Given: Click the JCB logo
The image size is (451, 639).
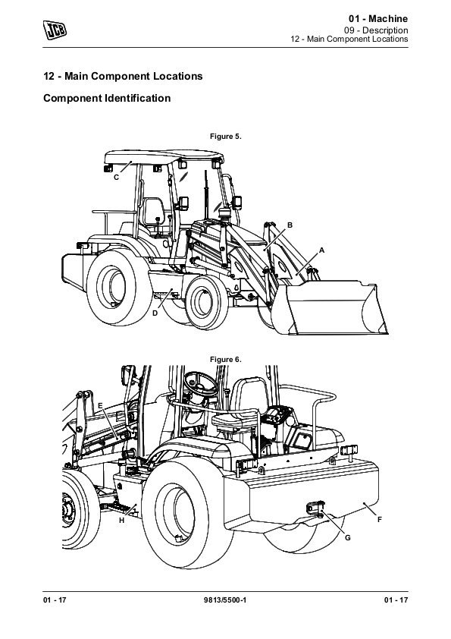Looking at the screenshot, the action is pyautogui.click(x=55, y=30).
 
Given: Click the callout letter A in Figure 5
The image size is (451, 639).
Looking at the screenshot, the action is pyautogui.click(x=321, y=250).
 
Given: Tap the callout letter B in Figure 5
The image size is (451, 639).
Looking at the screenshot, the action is pyautogui.click(x=290, y=225).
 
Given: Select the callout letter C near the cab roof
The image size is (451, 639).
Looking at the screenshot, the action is pyautogui.click(x=116, y=178).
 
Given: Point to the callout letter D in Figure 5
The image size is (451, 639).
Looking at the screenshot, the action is pyautogui.click(x=155, y=313).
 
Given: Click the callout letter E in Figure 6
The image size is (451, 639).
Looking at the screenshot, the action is pyautogui.click(x=101, y=406).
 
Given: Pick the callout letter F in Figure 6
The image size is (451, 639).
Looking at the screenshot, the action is pyautogui.click(x=379, y=519).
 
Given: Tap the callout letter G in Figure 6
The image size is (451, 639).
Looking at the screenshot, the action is pyautogui.click(x=348, y=537).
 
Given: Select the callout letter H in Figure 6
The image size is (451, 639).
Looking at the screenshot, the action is pyautogui.click(x=121, y=521).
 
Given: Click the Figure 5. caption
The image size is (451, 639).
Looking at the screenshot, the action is pyautogui.click(x=226, y=137).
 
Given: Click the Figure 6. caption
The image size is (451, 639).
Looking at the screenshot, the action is pyautogui.click(x=226, y=360).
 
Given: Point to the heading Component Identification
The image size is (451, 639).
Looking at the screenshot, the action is pyautogui.click(x=107, y=98).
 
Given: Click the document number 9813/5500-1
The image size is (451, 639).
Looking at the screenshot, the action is pyautogui.click(x=224, y=600).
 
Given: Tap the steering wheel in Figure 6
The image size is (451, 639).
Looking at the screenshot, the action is pyautogui.click(x=201, y=383).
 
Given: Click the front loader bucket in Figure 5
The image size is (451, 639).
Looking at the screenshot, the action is pyautogui.click(x=330, y=307).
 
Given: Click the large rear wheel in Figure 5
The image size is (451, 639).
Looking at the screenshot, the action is pyautogui.click(x=118, y=288).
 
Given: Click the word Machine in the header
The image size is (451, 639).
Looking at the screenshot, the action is pyautogui.click(x=388, y=19).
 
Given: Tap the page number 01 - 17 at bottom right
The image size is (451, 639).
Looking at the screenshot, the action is pyautogui.click(x=396, y=600).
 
